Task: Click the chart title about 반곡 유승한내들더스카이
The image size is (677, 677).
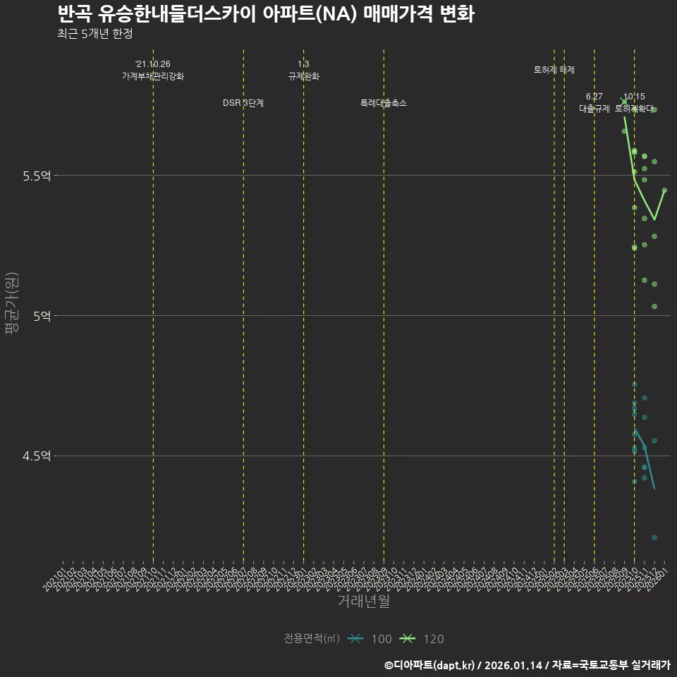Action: coord(265,13)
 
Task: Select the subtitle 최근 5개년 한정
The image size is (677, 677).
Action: coord(94,33)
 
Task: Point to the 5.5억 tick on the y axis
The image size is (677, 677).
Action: coord(37,176)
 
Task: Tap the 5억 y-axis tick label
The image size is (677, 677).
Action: coord(42,316)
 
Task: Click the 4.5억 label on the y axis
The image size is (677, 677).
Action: coord(37,456)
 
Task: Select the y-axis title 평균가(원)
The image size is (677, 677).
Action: coord(11,304)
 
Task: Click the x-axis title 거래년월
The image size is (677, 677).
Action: coord(363,602)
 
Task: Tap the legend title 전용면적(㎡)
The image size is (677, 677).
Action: coord(311,639)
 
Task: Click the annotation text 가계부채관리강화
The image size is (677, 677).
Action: coord(153,76)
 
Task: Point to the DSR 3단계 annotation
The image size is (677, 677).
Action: coord(243,103)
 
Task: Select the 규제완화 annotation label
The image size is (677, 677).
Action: coord(304,76)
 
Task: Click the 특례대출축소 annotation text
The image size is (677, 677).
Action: coord(384,103)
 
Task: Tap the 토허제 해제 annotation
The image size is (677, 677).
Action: coord(554,70)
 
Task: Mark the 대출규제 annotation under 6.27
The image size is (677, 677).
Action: coord(594,109)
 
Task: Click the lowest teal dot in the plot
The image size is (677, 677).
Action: coord(654,538)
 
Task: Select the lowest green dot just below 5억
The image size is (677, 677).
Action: coord(654,307)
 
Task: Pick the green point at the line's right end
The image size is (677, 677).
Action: coord(664,190)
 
